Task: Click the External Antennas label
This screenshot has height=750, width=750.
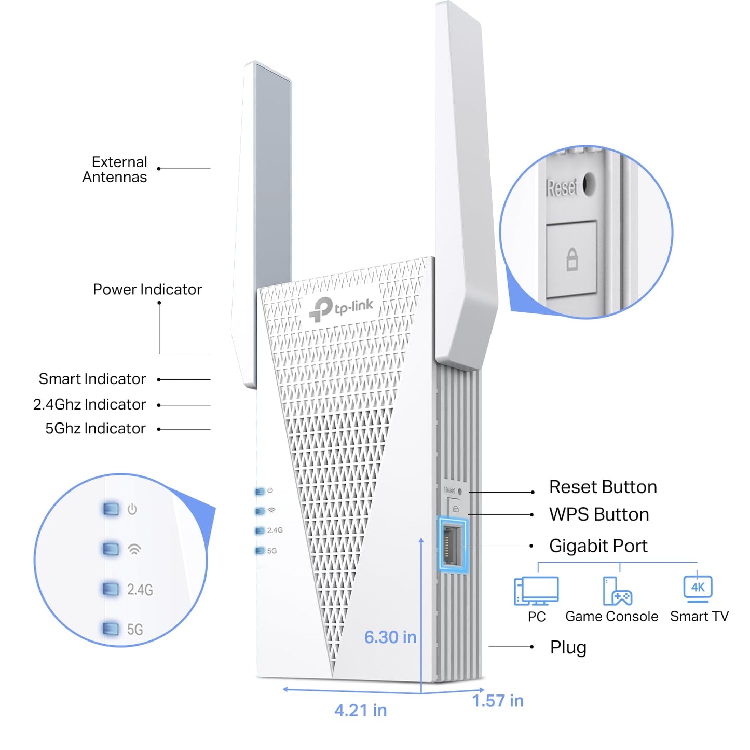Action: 115,170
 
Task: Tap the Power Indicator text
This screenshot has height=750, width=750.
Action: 147,290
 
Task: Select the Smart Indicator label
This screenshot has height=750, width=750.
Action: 92,379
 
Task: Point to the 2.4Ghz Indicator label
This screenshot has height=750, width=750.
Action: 89,405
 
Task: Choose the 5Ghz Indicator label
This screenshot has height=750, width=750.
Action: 96,429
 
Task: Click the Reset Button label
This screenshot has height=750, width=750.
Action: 603,487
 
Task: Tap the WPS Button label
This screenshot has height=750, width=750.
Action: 599,515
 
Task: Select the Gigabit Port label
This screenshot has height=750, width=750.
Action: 598,546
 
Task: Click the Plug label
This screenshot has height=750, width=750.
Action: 568,648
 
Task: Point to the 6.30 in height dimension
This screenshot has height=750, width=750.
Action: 390,637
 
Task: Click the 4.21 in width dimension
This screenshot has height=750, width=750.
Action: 360,711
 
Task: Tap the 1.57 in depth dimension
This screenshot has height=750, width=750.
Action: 497,701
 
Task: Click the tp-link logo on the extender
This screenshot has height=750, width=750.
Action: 341,309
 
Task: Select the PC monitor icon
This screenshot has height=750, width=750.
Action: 536,591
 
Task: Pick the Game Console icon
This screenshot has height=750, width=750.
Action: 617,592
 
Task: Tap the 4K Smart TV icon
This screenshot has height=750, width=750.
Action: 698,589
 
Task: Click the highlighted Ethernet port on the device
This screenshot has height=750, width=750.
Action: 453,545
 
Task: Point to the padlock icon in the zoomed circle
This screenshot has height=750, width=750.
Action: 571,259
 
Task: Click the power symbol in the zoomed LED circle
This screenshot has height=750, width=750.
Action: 132,509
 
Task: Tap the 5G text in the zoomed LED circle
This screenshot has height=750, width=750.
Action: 135,630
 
